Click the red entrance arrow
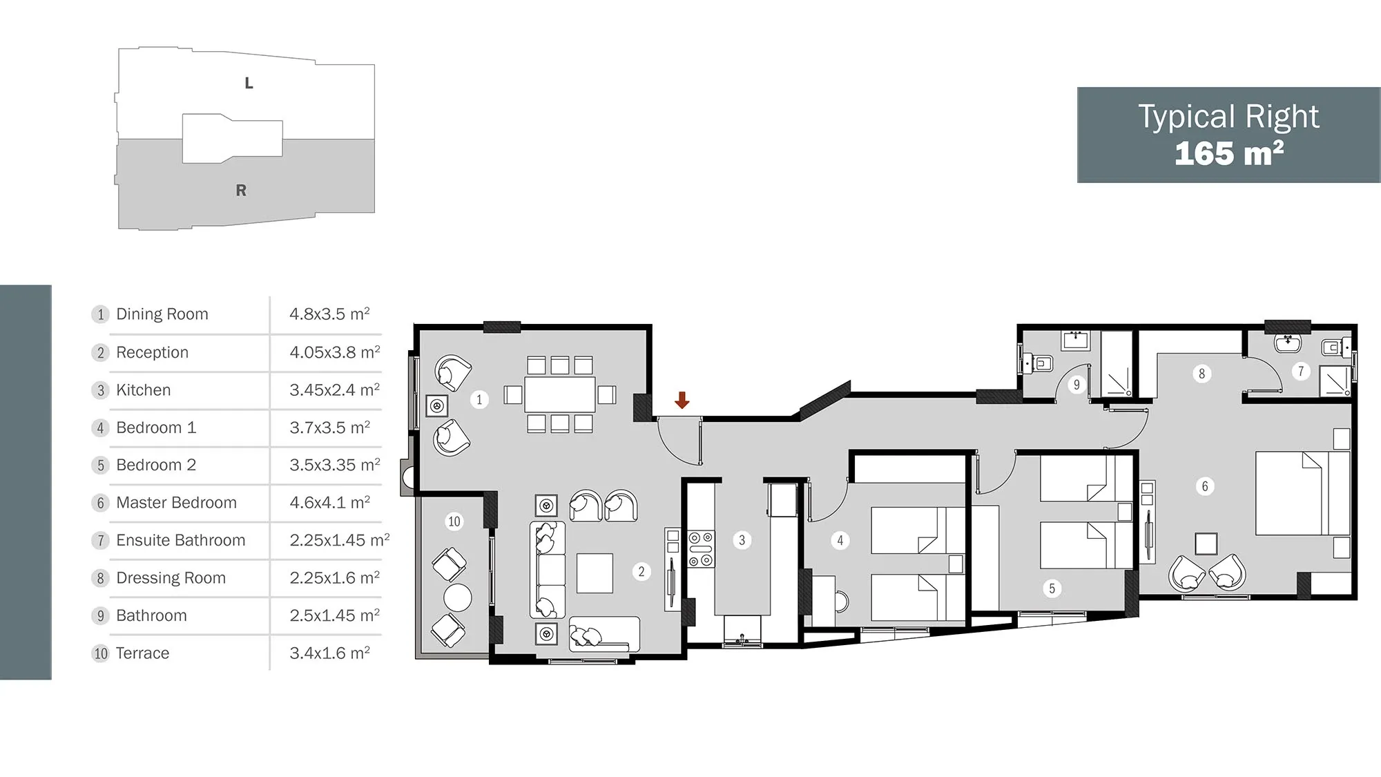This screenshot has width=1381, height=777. click(x=682, y=400)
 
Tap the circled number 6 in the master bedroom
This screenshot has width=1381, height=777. click(x=1205, y=486)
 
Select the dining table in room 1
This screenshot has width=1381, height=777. click(x=560, y=394)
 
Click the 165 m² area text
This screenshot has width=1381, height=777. click(x=1229, y=153)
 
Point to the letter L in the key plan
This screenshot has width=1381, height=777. click(x=249, y=84)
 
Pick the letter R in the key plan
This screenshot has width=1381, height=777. click(x=241, y=191)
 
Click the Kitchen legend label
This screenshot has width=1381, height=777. click(x=143, y=390)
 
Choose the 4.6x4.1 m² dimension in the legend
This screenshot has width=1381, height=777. click(x=329, y=502)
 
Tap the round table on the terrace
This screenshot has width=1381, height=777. click(x=458, y=597)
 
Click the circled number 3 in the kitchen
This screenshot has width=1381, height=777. click(x=742, y=540)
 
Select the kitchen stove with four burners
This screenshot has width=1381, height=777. click(x=702, y=549)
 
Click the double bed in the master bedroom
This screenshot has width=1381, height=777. click(x=1302, y=493)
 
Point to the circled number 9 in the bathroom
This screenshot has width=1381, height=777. click(x=1076, y=385)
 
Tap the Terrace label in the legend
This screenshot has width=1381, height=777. click(x=142, y=653)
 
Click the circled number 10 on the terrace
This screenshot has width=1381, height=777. click(x=454, y=521)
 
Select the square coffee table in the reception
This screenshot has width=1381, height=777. click(x=595, y=573)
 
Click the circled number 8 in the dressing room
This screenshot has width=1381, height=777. click(x=1201, y=374)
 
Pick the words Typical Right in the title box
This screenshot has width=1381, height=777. click(x=1228, y=117)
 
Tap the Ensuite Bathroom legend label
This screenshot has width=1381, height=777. click(x=180, y=540)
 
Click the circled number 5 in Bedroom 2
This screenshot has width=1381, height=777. click(x=1052, y=588)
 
